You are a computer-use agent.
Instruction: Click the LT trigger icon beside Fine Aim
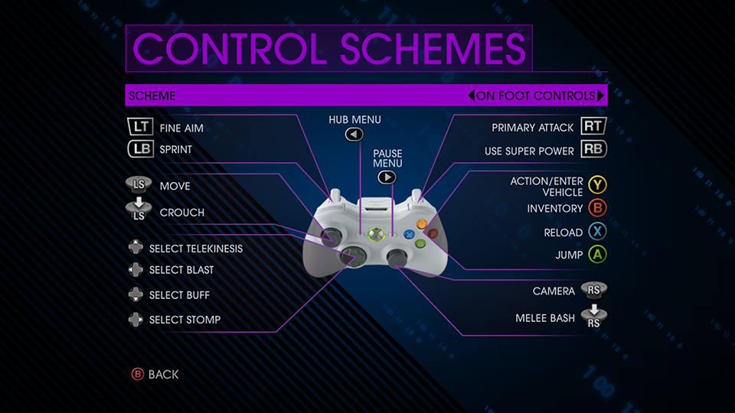(140, 126)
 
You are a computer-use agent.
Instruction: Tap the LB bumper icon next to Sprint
(141, 149)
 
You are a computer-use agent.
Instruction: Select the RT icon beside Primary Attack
(594, 126)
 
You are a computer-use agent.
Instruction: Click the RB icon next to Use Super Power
(594, 149)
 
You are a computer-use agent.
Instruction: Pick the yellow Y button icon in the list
(598, 185)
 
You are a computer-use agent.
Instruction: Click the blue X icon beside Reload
(598, 231)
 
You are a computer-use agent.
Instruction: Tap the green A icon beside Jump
(598, 255)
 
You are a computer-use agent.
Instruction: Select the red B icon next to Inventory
(598, 208)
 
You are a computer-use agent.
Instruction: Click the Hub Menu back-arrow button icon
(354, 135)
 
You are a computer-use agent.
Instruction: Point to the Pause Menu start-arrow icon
(387, 177)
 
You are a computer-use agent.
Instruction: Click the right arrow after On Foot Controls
(600, 96)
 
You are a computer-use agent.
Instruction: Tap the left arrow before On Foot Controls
(471, 96)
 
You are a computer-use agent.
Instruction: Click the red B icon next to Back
(137, 374)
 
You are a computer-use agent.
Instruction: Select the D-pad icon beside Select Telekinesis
(136, 247)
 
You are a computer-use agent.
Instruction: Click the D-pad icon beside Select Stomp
(136, 320)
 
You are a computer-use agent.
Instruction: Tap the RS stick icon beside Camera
(594, 290)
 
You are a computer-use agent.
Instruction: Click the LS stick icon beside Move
(139, 184)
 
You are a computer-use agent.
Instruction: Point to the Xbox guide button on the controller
(376, 234)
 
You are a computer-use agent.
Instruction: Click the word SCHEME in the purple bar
(152, 96)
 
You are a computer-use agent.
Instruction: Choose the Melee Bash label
(545, 318)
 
